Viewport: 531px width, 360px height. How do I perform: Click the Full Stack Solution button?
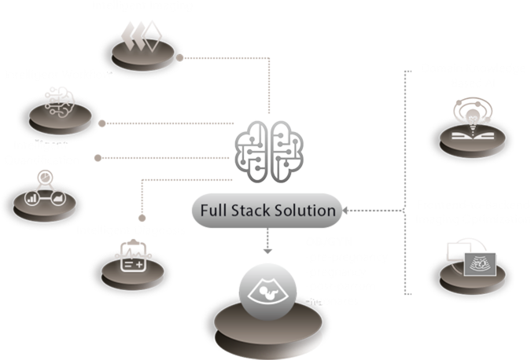[x=267, y=211]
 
